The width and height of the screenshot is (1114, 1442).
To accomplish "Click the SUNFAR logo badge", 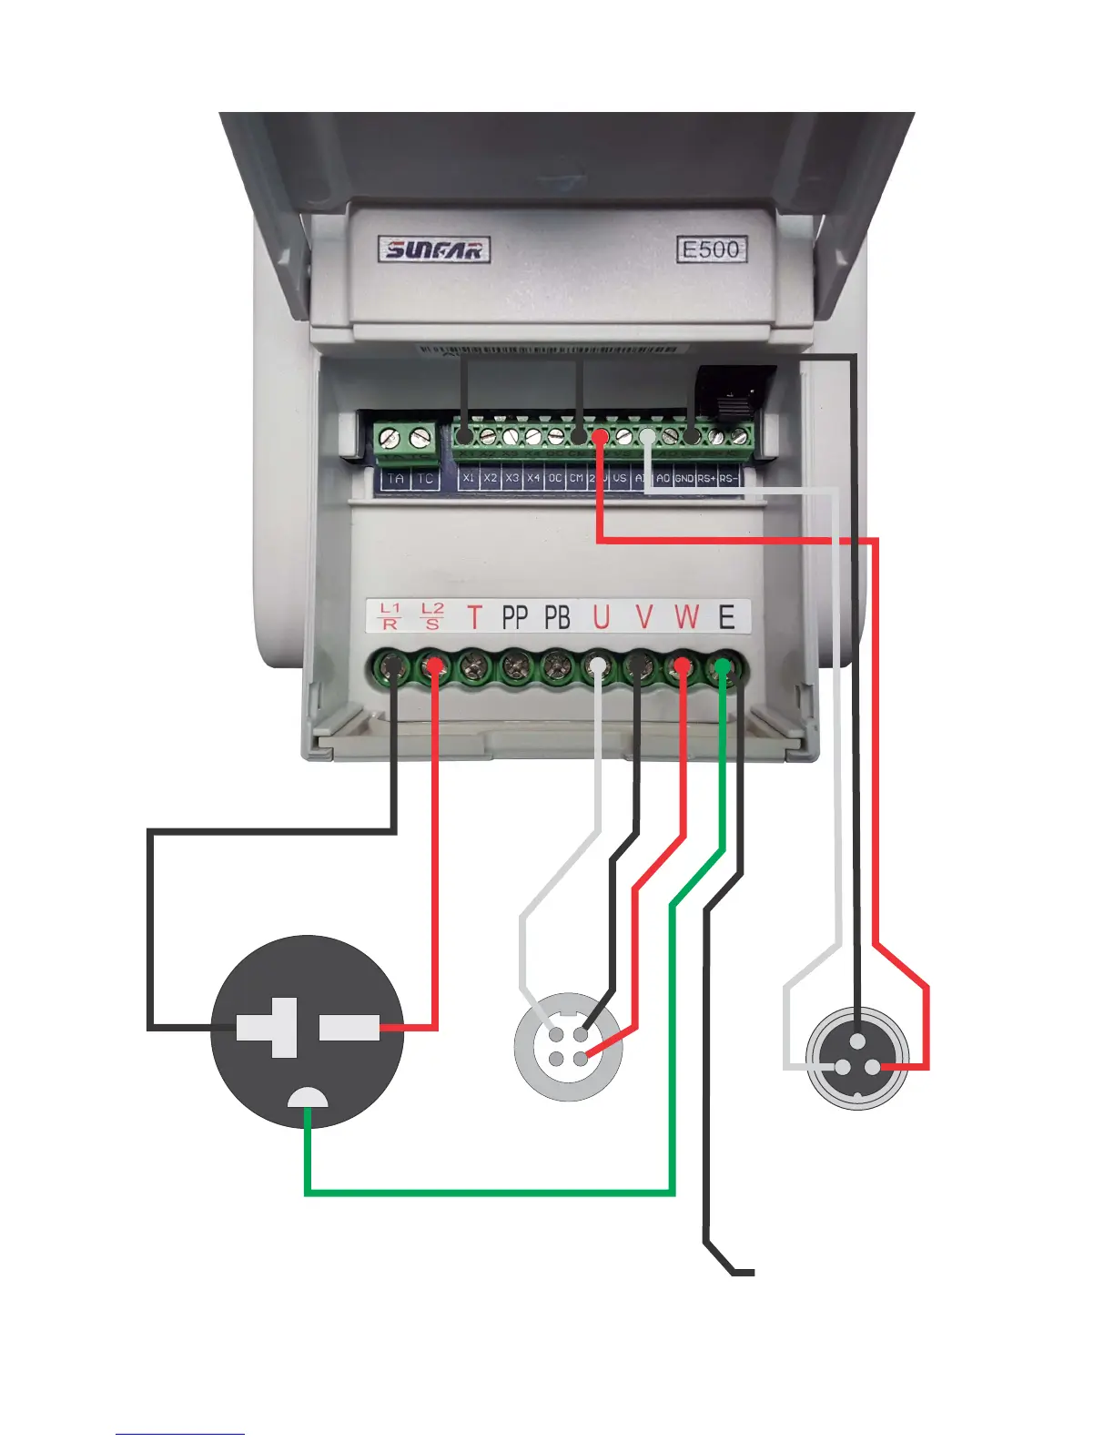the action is pyautogui.click(x=434, y=249).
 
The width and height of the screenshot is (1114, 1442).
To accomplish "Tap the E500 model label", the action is pyautogui.click(x=712, y=249).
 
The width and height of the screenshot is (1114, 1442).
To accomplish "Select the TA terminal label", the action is pyautogui.click(x=395, y=479).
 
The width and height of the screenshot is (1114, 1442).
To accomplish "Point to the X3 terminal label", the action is pyautogui.click(x=512, y=478).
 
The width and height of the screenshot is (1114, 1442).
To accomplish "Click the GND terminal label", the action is pyautogui.click(x=684, y=479).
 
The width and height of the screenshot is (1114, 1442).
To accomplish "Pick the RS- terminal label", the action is pyautogui.click(x=728, y=479).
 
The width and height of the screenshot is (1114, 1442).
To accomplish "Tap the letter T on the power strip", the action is pyautogui.click(x=473, y=617).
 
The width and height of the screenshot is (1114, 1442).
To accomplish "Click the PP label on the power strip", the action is pyautogui.click(x=515, y=617).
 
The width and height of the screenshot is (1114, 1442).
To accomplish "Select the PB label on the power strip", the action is pyautogui.click(x=557, y=617).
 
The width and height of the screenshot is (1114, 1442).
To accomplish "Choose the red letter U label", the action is pyautogui.click(x=601, y=617).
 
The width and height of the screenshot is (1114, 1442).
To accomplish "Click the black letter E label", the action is pyautogui.click(x=726, y=617).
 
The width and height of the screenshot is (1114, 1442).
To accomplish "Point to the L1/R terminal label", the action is pyautogui.click(x=390, y=616).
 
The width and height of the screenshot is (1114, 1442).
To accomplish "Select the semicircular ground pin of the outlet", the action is pyautogui.click(x=308, y=1097).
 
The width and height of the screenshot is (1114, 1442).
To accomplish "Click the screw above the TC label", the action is pyautogui.click(x=420, y=438).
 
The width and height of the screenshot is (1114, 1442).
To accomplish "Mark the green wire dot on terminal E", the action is pyautogui.click(x=723, y=667).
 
